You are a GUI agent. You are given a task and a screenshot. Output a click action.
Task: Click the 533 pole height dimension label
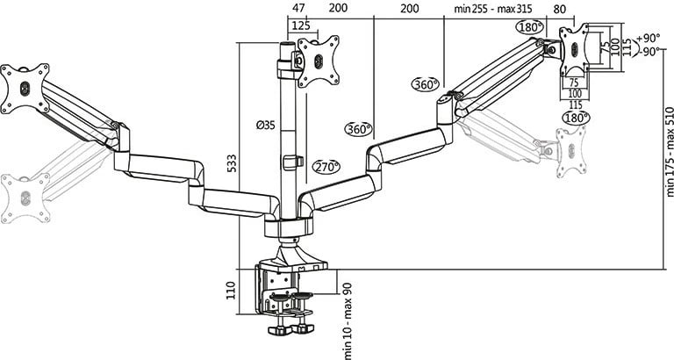click(x=232, y=163)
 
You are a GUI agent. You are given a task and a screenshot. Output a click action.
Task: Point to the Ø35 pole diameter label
click(x=265, y=126)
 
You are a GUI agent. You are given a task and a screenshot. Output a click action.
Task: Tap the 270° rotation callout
click(x=326, y=167)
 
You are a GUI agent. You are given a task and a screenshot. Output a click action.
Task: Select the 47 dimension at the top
click(x=298, y=8)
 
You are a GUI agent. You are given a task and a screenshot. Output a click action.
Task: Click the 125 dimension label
click(x=301, y=25)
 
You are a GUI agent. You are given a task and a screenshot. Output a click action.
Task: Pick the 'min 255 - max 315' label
click(x=493, y=9)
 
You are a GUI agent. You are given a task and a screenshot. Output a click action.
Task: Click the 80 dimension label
click(x=560, y=9)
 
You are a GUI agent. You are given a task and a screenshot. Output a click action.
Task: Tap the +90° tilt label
click(x=649, y=38)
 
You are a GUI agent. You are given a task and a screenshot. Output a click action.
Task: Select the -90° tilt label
click(x=649, y=51)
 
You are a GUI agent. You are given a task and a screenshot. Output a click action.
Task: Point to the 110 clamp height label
click(x=232, y=291)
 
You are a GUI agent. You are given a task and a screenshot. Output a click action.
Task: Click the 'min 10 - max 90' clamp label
click(x=348, y=320)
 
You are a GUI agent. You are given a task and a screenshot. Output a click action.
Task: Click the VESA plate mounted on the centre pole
click(x=318, y=61)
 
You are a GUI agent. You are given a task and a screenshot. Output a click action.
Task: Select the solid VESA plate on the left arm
click(x=25, y=88)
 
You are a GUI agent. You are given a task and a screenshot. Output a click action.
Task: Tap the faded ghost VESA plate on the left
click(x=25, y=198)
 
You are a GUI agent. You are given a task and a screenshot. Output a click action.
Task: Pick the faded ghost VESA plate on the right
click(x=571, y=151)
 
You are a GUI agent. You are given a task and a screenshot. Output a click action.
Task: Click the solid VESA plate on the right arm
click(x=574, y=50)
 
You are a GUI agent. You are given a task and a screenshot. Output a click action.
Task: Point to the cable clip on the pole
click(x=293, y=162)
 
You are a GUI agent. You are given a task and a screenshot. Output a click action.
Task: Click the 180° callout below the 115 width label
click(x=575, y=118)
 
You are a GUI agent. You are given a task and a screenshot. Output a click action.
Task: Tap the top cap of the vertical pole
click(x=285, y=44)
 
